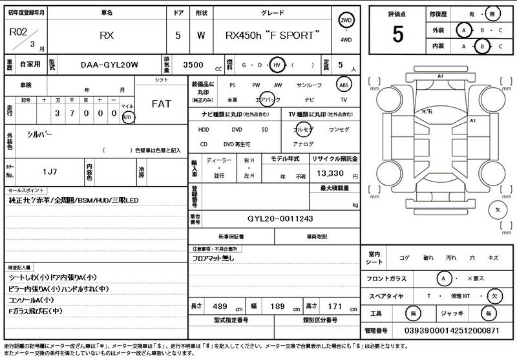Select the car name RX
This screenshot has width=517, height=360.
pyautogui.click(x=107, y=36)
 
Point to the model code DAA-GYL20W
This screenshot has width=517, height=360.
pyautogui.click(x=109, y=65)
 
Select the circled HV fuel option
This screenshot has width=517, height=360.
pyautogui.click(x=277, y=65)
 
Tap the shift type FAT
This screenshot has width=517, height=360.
pyautogui.click(x=161, y=104)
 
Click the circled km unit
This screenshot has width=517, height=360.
pyautogui.click(x=128, y=117)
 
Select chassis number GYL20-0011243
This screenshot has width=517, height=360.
pyautogui.click(x=280, y=218)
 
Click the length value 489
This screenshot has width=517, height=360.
pyautogui.click(x=220, y=306)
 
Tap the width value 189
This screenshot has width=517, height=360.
pyautogui.click(x=277, y=306)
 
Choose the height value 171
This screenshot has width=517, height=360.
pyautogui.click(x=335, y=306)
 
